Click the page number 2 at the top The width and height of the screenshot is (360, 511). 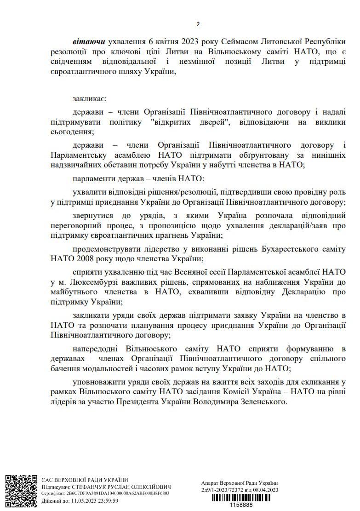(198, 24)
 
